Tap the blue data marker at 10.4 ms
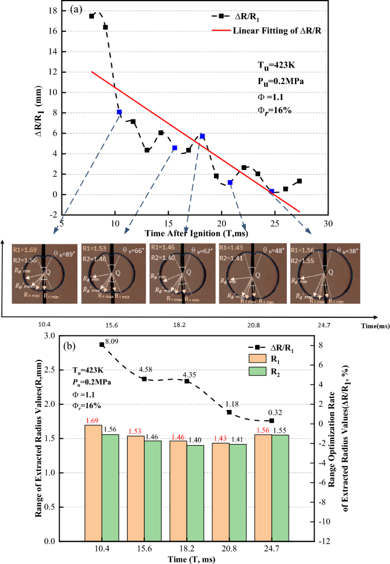(x=119, y=113)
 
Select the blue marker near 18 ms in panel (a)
(x=202, y=136)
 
